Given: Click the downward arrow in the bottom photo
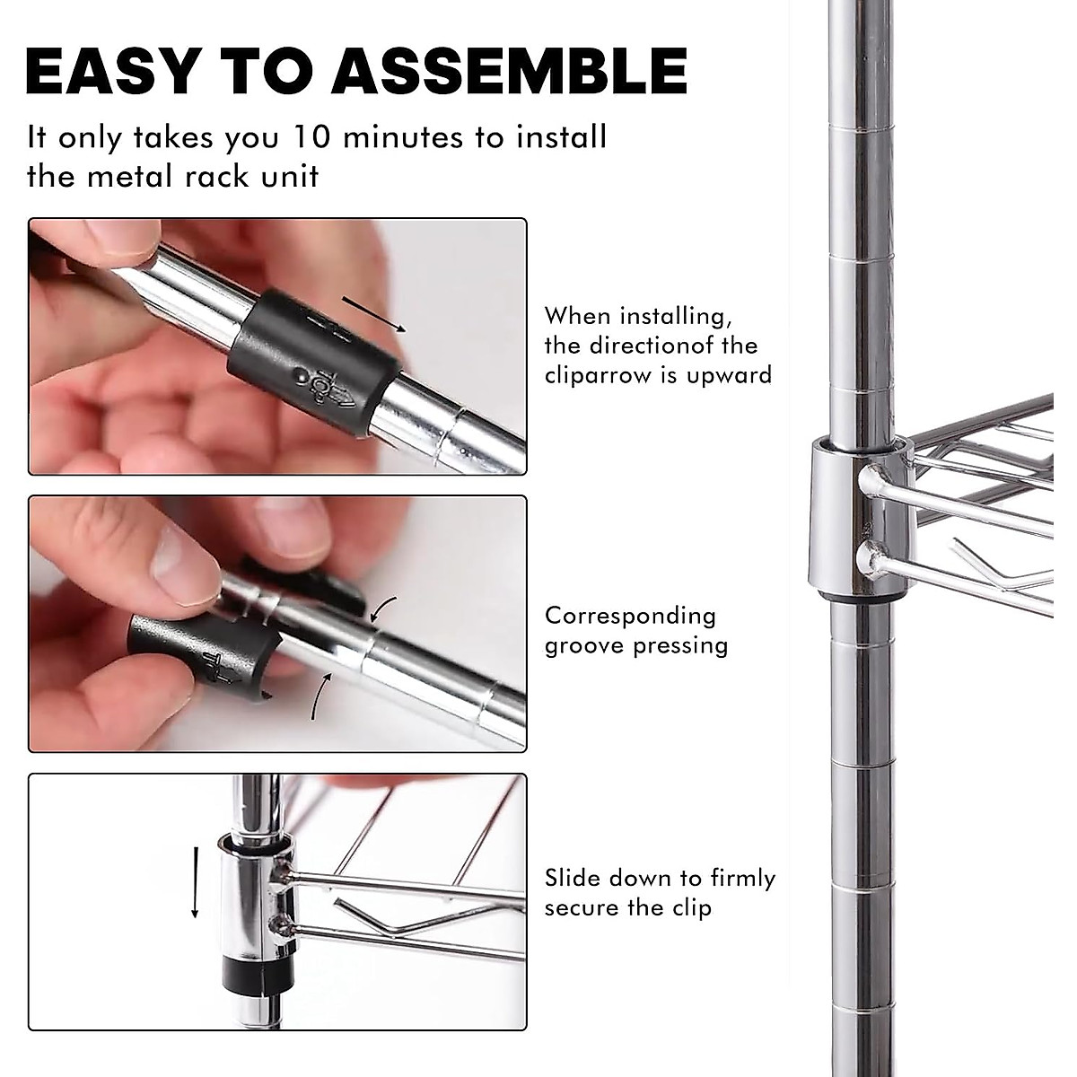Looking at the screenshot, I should coord(194,880).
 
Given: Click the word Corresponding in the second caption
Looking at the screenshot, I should coord(630,616).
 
